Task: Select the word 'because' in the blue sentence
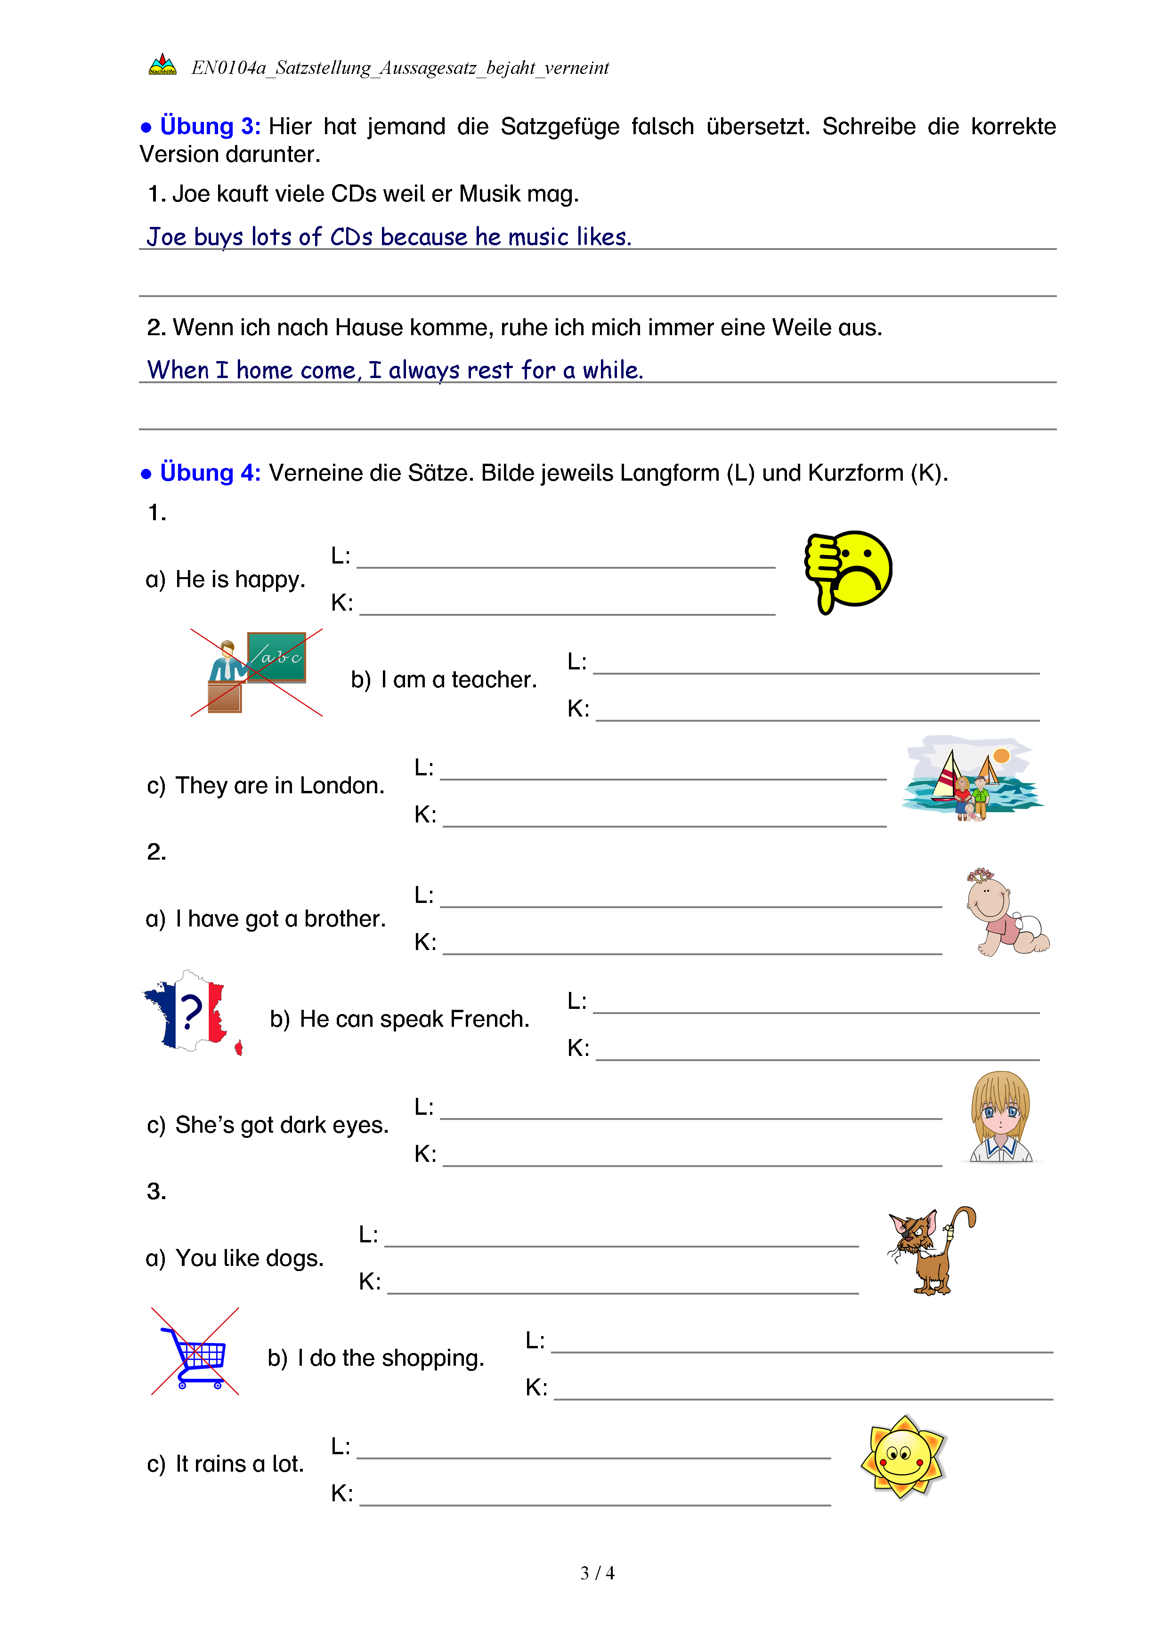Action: click(423, 237)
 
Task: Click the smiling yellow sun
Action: click(903, 1457)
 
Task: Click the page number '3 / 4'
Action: click(597, 1573)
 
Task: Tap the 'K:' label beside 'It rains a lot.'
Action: click(341, 1493)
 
